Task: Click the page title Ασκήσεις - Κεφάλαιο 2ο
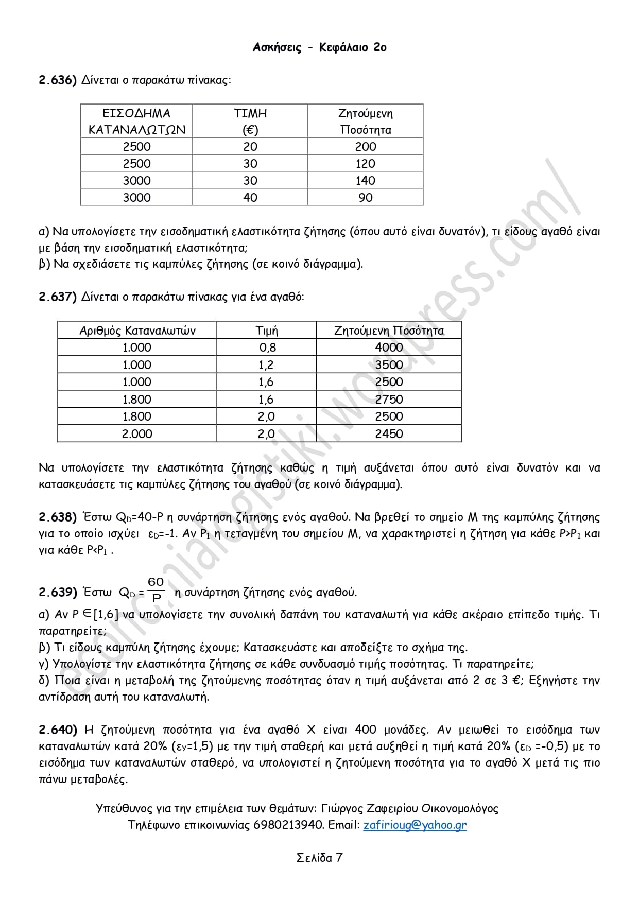(319, 47)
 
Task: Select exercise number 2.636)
(58, 80)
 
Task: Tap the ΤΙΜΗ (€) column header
(250, 121)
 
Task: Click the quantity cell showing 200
(366, 147)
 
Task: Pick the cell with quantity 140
(366, 181)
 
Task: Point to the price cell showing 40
(250, 198)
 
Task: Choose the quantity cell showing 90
(366, 198)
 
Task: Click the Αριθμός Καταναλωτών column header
(137, 331)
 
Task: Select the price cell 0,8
(267, 348)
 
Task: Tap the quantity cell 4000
(389, 348)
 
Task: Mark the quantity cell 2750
(389, 400)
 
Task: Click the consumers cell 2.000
(137, 434)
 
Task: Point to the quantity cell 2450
(389, 434)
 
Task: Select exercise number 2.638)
(58, 517)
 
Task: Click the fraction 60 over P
(156, 589)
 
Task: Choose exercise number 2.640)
(58, 730)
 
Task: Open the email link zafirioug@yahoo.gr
(415, 825)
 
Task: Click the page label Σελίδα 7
(319, 858)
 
